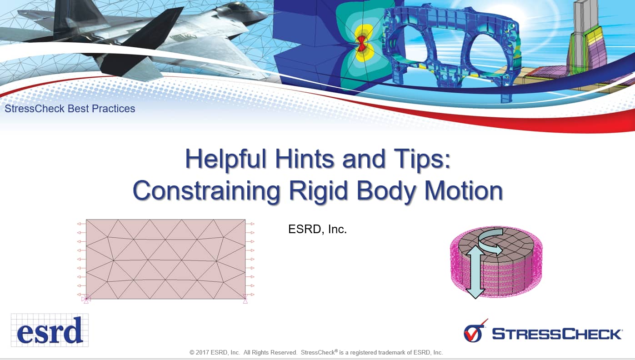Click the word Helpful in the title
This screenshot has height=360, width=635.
225,159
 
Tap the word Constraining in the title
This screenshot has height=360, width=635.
206,190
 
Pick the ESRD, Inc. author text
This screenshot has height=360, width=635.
317,229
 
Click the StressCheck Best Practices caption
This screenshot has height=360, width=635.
70,109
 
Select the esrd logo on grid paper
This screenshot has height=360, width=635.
50,330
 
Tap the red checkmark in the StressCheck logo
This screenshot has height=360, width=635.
476,331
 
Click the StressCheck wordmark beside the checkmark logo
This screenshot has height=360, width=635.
557,334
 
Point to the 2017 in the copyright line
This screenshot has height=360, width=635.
202,352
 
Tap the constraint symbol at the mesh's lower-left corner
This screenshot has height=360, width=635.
86,299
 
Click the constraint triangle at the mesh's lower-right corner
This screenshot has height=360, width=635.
245,300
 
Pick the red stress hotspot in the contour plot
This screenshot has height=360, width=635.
361,44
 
